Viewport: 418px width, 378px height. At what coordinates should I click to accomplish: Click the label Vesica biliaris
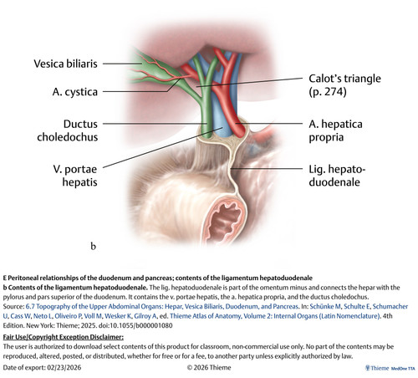point(65,64)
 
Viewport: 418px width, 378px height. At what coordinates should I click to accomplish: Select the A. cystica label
point(75,92)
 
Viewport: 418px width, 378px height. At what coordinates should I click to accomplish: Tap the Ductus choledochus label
point(68,130)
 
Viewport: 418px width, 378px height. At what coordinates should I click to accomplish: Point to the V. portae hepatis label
point(75,176)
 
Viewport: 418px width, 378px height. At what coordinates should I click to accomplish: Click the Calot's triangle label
point(344,79)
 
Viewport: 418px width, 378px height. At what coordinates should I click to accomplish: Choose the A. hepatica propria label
point(335,130)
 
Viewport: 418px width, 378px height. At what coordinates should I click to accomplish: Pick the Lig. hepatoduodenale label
point(337,176)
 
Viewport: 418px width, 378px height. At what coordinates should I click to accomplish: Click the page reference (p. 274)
point(328,92)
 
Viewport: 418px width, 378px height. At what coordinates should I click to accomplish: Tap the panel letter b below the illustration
point(93,246)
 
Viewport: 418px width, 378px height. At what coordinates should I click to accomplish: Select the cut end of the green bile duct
point(207,135)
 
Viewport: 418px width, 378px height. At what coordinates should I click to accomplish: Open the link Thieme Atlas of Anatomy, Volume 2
point(275,316)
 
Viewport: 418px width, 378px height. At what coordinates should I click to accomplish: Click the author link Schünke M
point(325,306)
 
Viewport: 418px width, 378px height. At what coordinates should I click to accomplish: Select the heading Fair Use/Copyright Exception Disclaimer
point(64,337)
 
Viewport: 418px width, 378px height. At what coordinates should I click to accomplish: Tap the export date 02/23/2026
point(64,367)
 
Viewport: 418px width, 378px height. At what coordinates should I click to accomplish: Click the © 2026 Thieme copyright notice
point(209,367)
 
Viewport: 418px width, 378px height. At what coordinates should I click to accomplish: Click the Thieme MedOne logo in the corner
point(390,368)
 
